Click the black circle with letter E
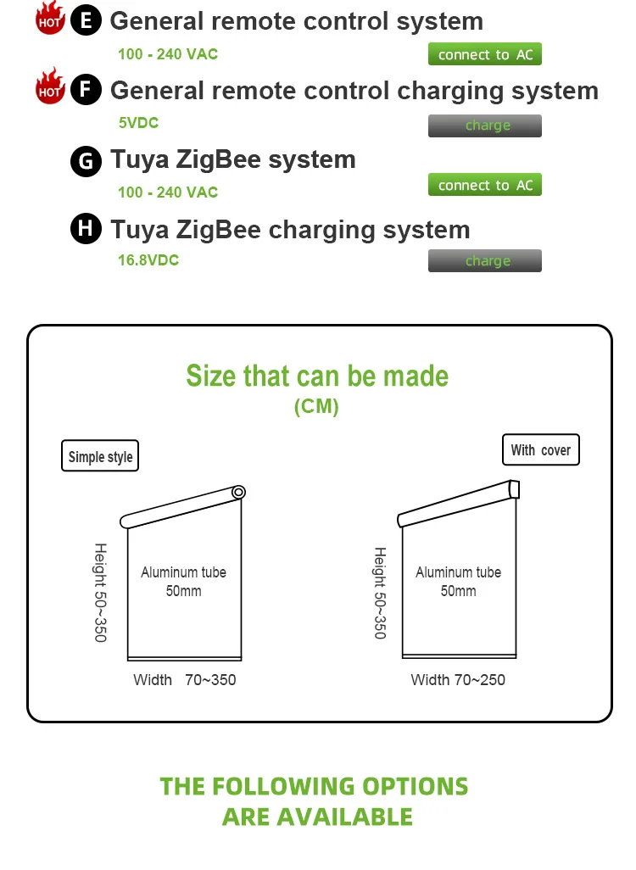[86, 20]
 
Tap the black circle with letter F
[86, 90]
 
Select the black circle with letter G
[86, 160]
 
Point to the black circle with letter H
[86, 229]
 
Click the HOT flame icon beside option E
[50, 20]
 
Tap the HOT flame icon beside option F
[50, 86]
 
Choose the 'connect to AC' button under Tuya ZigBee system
[485, 185]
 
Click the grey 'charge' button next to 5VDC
[485, 125]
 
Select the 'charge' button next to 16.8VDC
[485, 261]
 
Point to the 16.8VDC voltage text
[148, 260]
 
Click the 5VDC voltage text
[138, 123]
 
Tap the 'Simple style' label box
[100, 457]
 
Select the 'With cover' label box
[540, 450]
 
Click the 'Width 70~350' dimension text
[185, 680]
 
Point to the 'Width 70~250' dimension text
[458, 680]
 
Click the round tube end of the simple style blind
[238, 492]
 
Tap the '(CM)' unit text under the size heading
[316, 407]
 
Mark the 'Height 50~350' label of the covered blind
[380, 593]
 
